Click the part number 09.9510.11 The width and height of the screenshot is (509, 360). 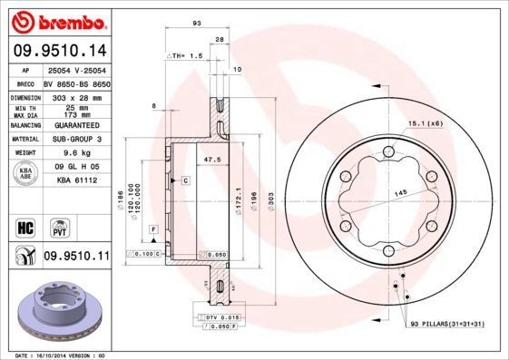pos(75,257)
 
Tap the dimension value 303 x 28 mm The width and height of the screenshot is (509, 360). pos(74,95)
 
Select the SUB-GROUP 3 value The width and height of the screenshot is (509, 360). pos(76,139)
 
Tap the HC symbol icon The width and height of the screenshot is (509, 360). pos(24,226)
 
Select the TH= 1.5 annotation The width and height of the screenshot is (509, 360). pos(185,55)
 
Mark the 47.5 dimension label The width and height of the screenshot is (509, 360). pos(211,160)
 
